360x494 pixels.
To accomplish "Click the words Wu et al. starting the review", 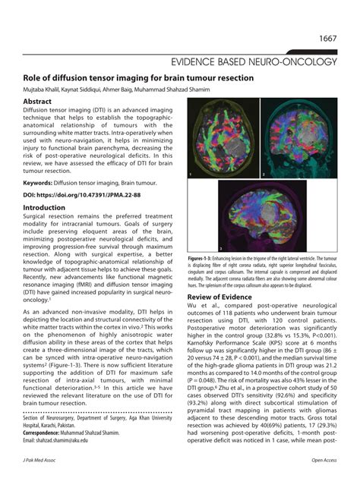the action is pos(206,307).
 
